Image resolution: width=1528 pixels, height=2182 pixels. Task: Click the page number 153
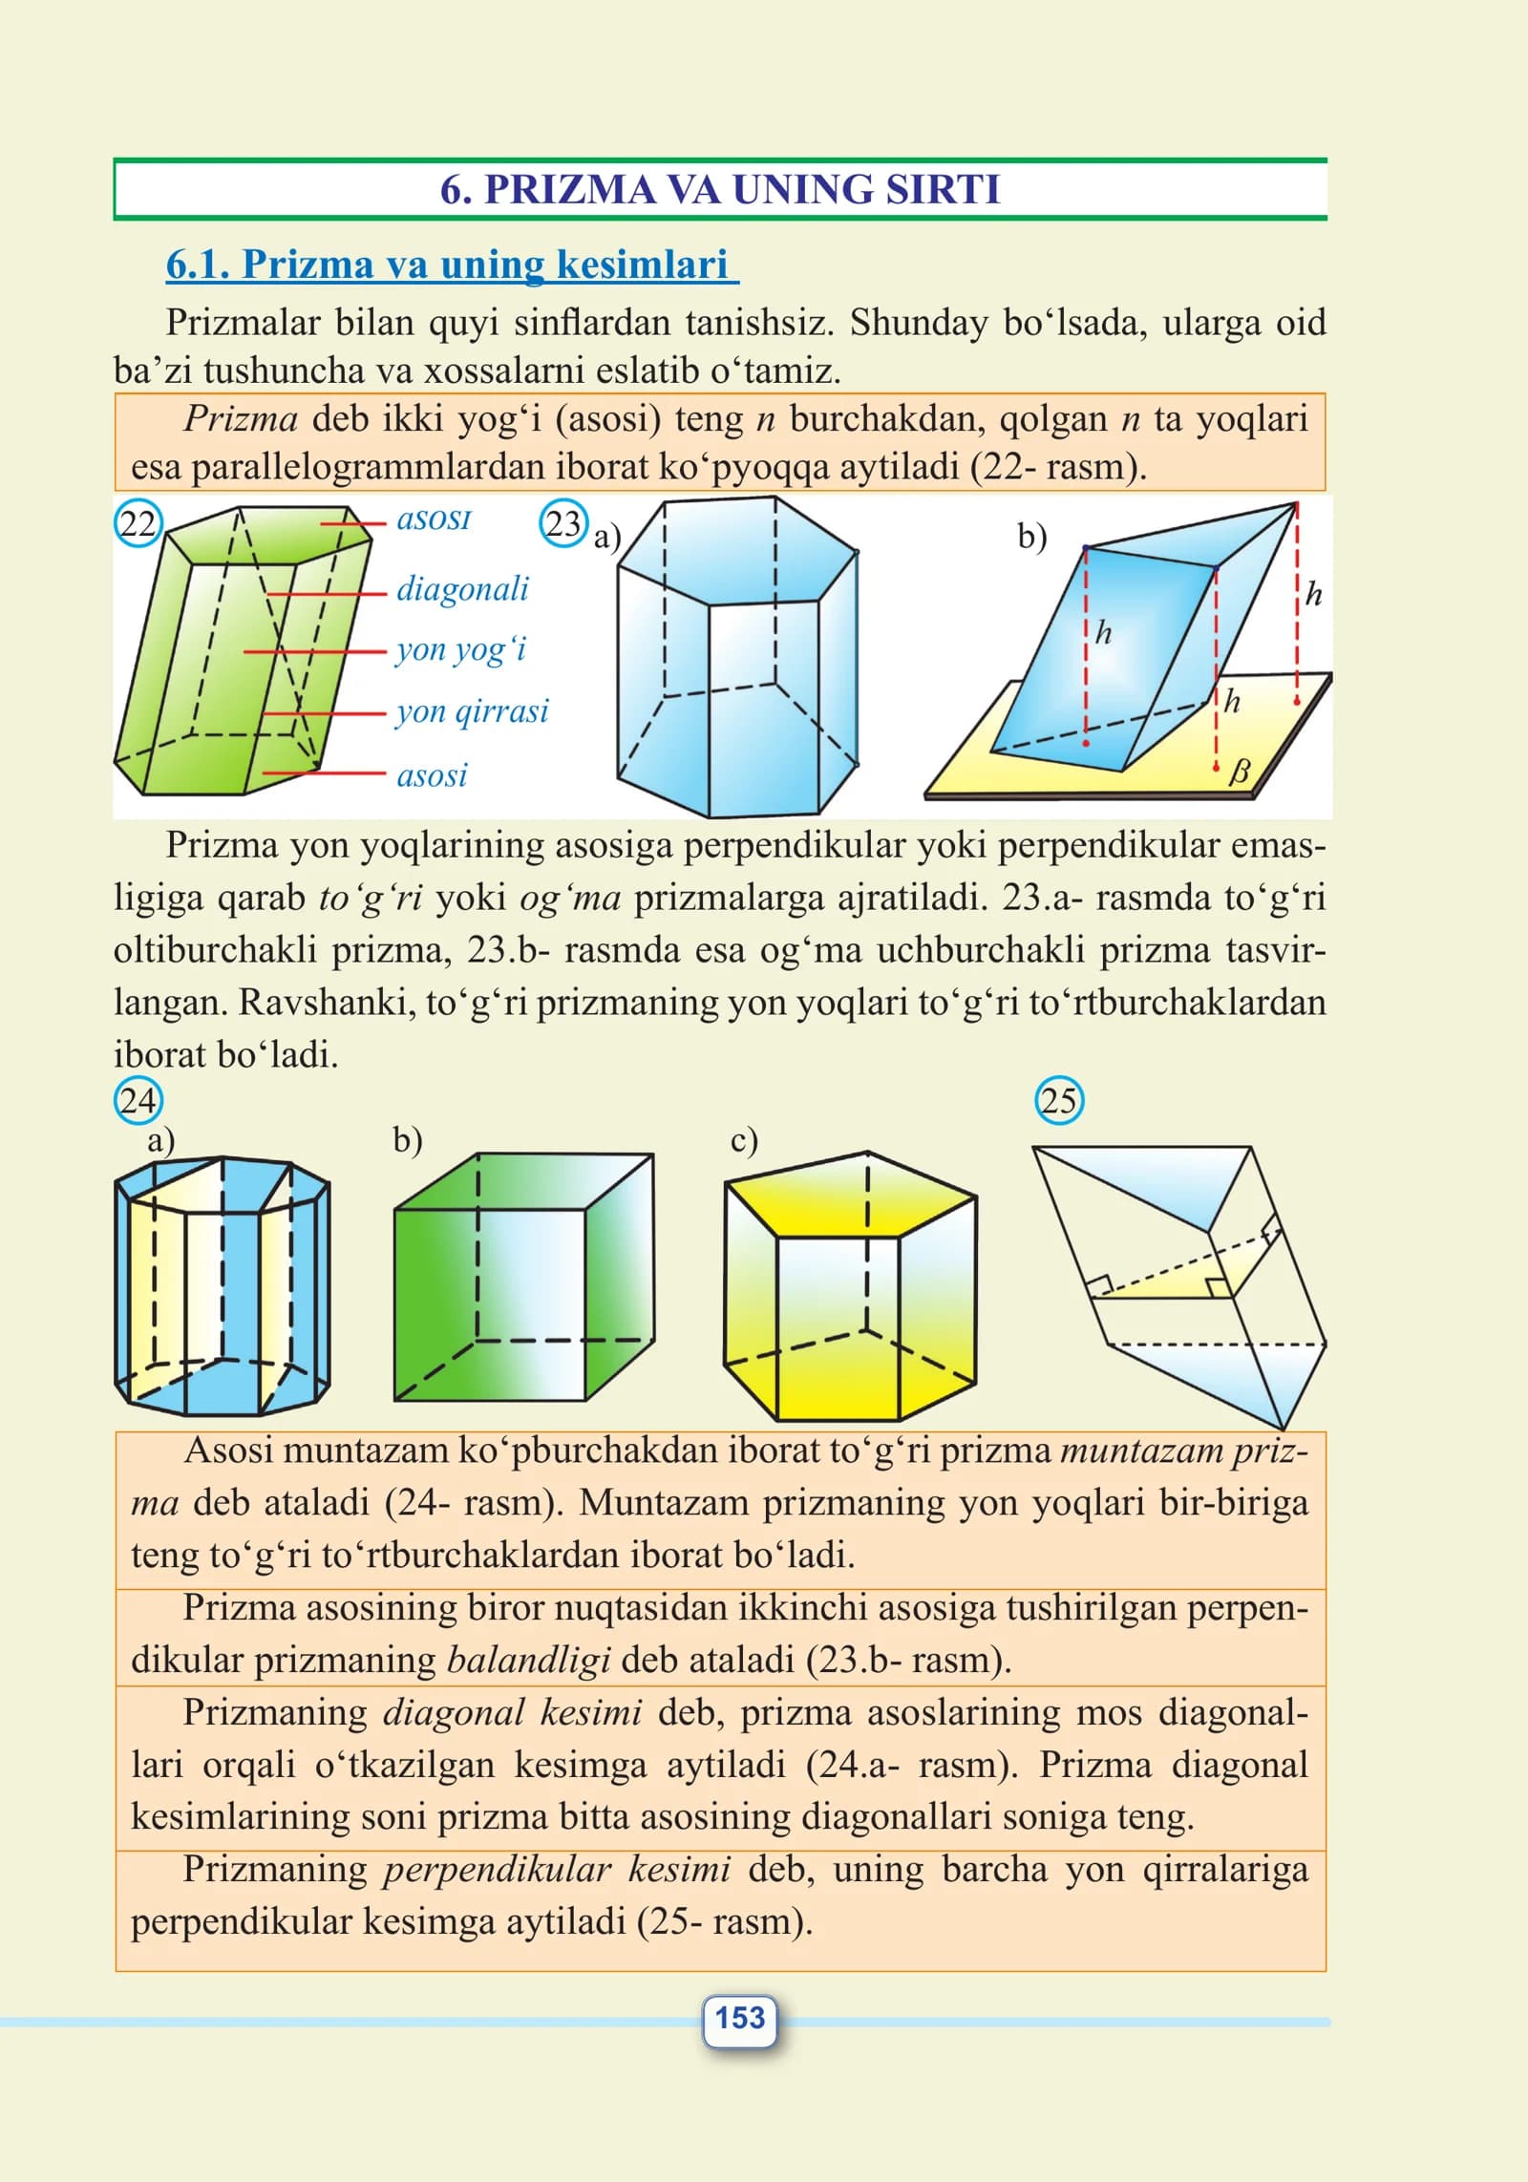click(740, 2018)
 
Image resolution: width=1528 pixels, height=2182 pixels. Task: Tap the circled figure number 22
click(138, 524)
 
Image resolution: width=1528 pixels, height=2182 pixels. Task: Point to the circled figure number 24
click(138, 1100)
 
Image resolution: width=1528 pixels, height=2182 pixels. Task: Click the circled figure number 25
click(1059, 1100)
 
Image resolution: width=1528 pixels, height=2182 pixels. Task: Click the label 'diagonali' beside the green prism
click(462, 588)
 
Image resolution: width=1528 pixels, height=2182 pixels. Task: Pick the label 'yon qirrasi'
click(473, 711)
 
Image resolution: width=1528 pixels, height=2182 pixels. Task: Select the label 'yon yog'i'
click(461, 650)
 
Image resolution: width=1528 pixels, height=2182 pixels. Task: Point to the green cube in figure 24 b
click(523, 1277)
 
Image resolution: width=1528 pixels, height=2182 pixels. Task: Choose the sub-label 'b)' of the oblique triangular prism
click(1031, 537)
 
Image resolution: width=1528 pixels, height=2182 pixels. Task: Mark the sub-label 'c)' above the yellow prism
click(744, 1140)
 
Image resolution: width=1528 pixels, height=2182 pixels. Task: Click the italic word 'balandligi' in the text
click(528, 1660)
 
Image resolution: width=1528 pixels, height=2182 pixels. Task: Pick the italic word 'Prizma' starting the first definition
click(241, 418)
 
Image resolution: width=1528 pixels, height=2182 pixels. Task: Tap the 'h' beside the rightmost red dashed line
click(1314, 594)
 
